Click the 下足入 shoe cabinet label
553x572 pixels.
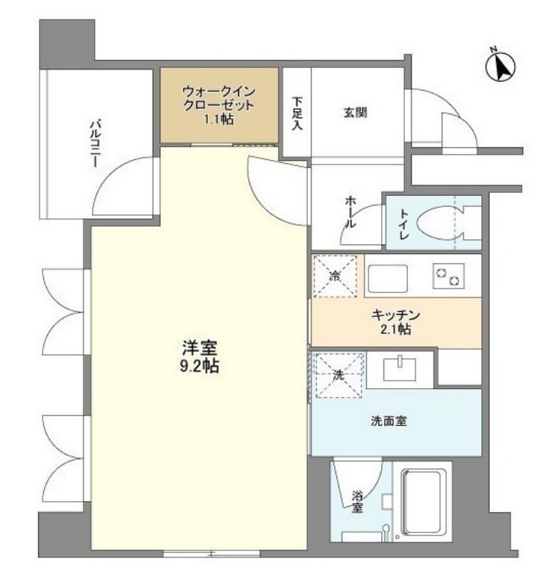pos(297,113)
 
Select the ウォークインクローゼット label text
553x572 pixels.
pos(219,98)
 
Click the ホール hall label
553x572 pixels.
pos(350,212)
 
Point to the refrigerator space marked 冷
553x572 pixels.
pos(335,276)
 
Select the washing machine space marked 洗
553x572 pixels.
pos(336,373)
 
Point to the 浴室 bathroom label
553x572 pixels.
pos(358,501)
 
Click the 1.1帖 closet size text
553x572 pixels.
pos(219,118)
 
